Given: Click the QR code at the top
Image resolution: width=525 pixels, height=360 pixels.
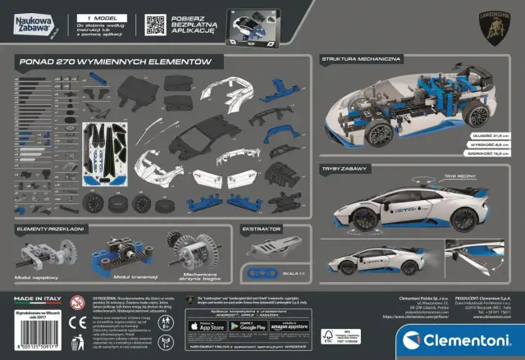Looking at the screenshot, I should coord(155,23).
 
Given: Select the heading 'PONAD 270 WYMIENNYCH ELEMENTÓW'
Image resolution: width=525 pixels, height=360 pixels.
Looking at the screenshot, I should coord(116,62).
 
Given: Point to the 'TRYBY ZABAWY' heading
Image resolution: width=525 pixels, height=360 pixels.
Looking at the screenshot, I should coord(346,168).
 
